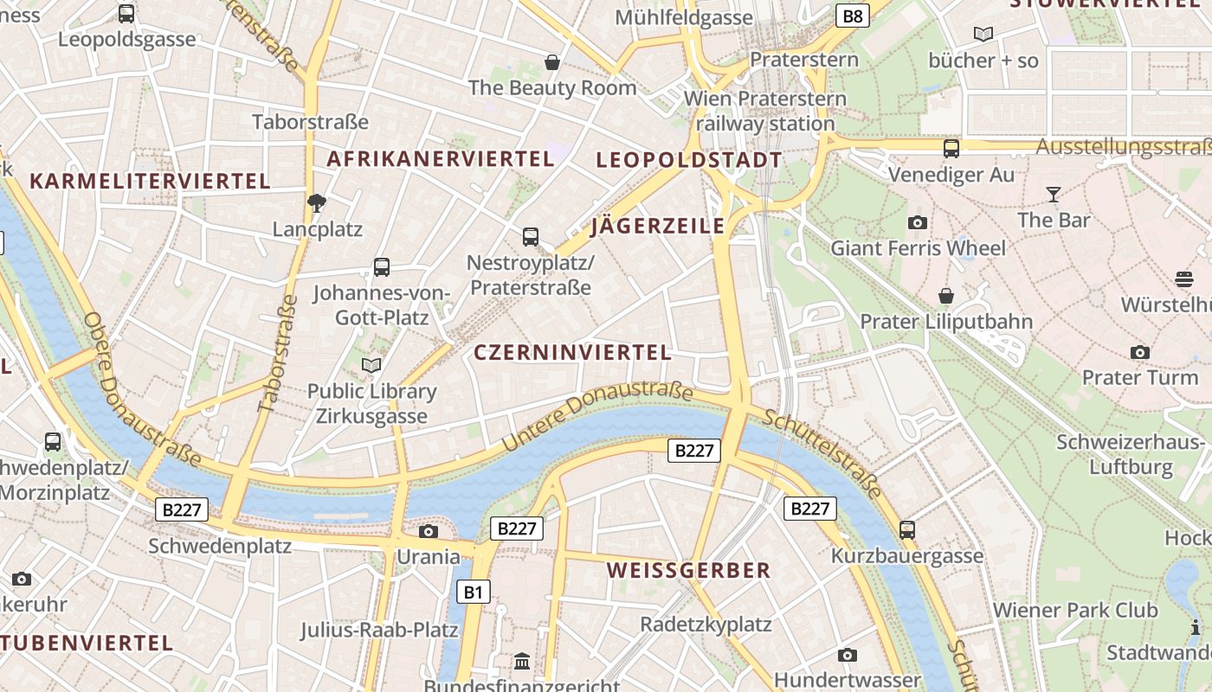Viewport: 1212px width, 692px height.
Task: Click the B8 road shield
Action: point(853,16)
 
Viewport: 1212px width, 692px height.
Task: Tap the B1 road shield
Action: point(473,592)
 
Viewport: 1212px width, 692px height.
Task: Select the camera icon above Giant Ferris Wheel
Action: point(918,223)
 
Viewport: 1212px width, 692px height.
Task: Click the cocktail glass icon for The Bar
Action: point(1054,195)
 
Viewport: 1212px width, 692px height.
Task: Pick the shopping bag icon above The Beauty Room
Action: point(551,62)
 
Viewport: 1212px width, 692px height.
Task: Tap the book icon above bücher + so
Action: point(983,35)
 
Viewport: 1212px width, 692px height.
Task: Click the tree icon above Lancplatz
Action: point(317,203)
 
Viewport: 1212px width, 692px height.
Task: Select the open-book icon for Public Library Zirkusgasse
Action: point(371,366)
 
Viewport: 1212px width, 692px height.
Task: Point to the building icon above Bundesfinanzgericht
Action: point(522,662)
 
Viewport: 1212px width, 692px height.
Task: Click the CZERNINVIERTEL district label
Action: point(572,352)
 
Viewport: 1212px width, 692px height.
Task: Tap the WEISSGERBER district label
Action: point(688,570)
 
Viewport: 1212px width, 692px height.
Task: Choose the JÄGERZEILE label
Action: point(657,227)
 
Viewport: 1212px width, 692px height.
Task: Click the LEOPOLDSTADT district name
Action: point(689,160)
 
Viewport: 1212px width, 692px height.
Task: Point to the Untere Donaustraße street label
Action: point(596,415)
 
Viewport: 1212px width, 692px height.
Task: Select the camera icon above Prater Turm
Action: point(1140,352)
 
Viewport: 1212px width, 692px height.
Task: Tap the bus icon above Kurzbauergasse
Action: point(907,529)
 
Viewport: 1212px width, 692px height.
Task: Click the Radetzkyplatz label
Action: point(706,624)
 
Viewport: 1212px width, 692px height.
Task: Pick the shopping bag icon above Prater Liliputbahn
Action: point(946,296)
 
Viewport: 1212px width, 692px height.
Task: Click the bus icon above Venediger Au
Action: point(951,149)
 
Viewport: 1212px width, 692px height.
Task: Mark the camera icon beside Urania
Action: point(428,531)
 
